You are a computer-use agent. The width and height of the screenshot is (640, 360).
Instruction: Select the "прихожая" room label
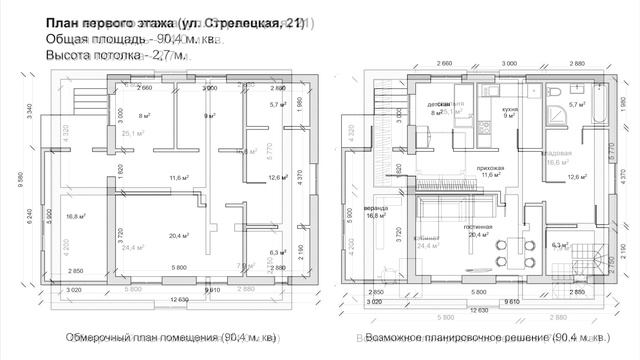(491, 167)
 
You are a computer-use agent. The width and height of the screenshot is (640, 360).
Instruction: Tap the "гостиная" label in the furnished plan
(477, 227)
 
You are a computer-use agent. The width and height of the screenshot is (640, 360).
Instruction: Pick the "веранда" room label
(376, 206)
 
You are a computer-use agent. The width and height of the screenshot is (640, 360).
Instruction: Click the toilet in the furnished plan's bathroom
(556, 93)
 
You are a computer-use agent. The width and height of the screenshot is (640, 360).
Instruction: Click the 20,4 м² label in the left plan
(180, 236)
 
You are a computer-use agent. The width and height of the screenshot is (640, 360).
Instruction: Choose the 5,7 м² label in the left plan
(276, 103)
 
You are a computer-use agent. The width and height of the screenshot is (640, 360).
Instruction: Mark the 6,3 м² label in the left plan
(277, 252)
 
